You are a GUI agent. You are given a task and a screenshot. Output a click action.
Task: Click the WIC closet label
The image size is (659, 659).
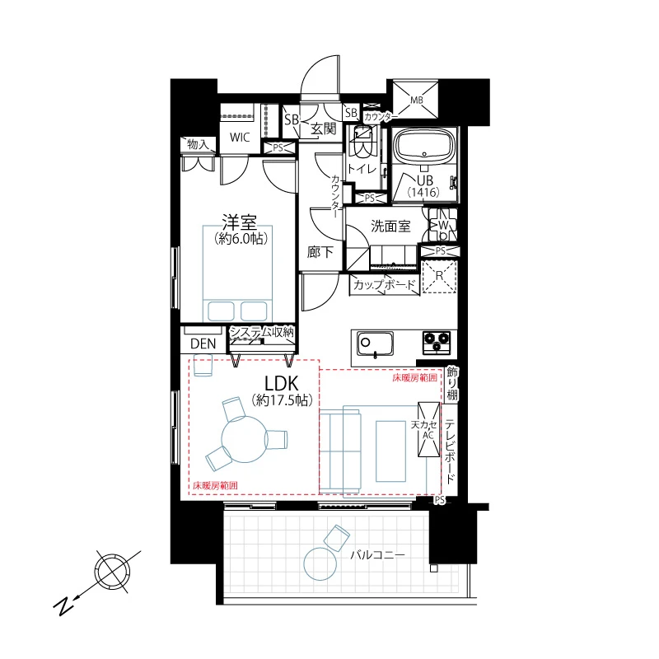(x=240, y=137)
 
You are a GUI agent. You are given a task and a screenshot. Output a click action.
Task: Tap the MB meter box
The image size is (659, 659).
(x=416, y=100)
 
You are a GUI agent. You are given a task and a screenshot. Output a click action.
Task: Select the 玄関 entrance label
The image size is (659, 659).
(x=323, y=129)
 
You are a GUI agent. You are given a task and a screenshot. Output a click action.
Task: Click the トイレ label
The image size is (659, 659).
(x=362, y=169)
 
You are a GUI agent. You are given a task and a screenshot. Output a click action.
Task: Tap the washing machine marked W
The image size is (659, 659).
(x=442, y=226)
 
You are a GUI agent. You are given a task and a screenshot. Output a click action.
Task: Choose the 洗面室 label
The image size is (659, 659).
(x=390, y=227)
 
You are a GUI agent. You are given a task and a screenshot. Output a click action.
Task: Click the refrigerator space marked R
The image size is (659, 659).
(x=439, y=277)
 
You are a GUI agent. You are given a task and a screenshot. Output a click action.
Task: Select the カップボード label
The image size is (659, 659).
(x=385, y=285)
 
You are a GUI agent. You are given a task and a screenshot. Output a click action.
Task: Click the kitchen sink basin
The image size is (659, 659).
(x=376, y=344)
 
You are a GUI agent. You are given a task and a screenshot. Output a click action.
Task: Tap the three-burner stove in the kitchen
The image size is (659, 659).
(x=437, y=342)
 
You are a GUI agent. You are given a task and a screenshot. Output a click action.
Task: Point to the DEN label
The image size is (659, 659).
(x=203, y=344)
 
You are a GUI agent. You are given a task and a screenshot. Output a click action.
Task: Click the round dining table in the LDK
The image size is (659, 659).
(x=245, y=439)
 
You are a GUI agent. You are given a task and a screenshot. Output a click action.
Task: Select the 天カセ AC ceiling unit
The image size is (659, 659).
(x=428, y=429)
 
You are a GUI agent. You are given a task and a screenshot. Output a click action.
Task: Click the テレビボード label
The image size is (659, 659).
(x=450, y=451)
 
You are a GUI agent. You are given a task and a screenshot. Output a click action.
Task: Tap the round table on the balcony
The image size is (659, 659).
(x=320, y=564)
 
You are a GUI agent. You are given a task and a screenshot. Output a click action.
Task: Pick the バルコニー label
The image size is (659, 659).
(x=377, y=555)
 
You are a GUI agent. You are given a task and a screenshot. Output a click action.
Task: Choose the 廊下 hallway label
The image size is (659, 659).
(x=320, y=252)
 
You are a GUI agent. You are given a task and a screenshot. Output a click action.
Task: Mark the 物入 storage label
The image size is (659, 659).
(x=198, y=145)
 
